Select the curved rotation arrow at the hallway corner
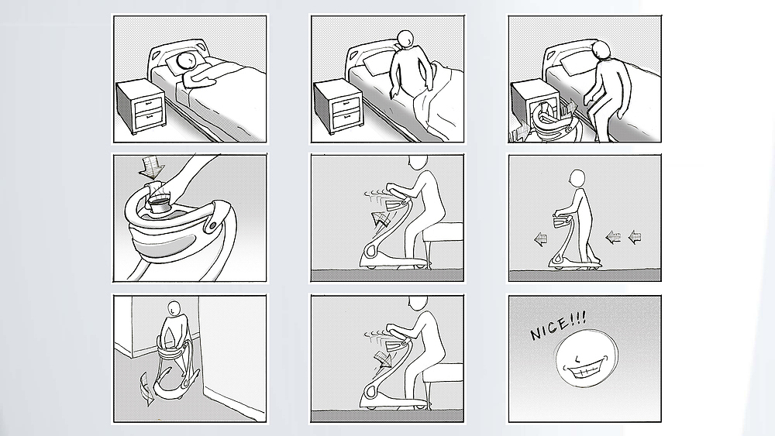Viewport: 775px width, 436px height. (x=147, y=389)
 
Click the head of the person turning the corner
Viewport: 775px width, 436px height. (x=173, y=308)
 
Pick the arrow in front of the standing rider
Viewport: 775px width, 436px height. (x=540, y=240)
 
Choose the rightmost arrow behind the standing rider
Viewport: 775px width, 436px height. (x=635, y=238)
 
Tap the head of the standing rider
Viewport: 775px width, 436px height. (x=577, y=178)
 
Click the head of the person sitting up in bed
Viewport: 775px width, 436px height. (x=405, y=39)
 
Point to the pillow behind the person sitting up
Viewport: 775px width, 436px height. (x=376, y=64)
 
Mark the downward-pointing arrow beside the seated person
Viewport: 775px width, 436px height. (x=381, y=359)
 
